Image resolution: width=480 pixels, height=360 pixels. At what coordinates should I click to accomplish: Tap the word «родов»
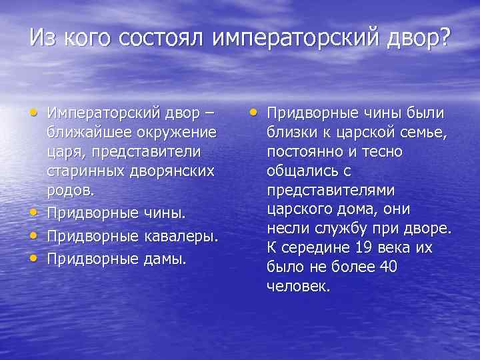tap(69, 189)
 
